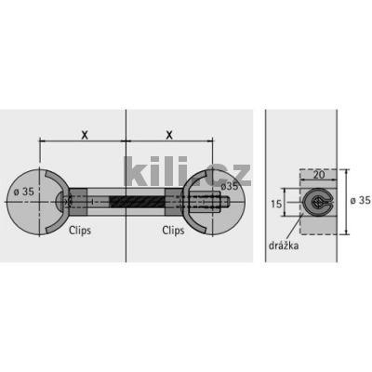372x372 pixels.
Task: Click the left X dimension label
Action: [x=85, y=135]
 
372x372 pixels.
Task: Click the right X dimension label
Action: [x=169, y=135]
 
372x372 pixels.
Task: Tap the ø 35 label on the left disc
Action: [x=24, y=192]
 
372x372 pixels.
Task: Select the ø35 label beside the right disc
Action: [x=230, y=186]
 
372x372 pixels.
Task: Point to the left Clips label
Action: [x=80, y=231]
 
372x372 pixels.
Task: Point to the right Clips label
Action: [x=173, y=231]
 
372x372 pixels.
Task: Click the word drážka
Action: [x=284, y=246]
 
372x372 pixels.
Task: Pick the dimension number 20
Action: [x=319, y=175]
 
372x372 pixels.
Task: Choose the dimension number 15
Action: [x=276, y=204]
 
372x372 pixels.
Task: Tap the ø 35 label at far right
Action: [x=361, y=201]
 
